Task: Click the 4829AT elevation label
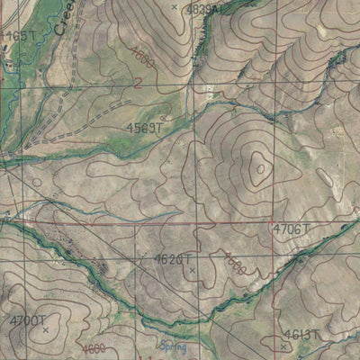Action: (204, 9)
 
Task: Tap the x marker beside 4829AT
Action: (175, 7)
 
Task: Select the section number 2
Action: (139, 83)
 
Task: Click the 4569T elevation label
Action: (144, 129)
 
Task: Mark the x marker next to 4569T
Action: (161, 117)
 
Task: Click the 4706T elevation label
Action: (291, 230)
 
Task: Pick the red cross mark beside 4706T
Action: (271, 220)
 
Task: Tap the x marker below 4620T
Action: (191, 269)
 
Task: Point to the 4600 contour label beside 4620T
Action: (233, 263)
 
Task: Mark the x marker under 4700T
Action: (45, 330)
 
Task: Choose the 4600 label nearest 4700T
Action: (90, 348)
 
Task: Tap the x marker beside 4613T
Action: (283, 345)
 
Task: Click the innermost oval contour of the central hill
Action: (259, 166)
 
